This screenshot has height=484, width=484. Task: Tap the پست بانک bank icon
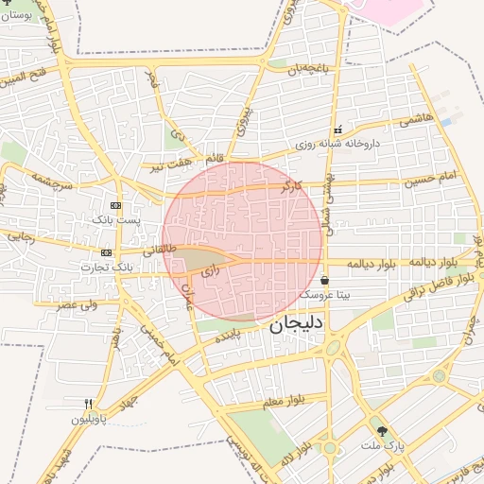click(x=115, y=205)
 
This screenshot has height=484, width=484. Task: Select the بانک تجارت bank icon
click(x=106, y=253)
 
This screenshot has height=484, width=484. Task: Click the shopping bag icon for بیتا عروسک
click(x=325, y=280)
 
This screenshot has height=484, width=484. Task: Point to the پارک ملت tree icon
click(x=382, y=430)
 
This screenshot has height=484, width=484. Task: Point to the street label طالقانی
click(x=161, y=249)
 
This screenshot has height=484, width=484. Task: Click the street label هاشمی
click(x=416, y=119)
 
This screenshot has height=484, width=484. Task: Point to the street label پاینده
click(x=233, y=335)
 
